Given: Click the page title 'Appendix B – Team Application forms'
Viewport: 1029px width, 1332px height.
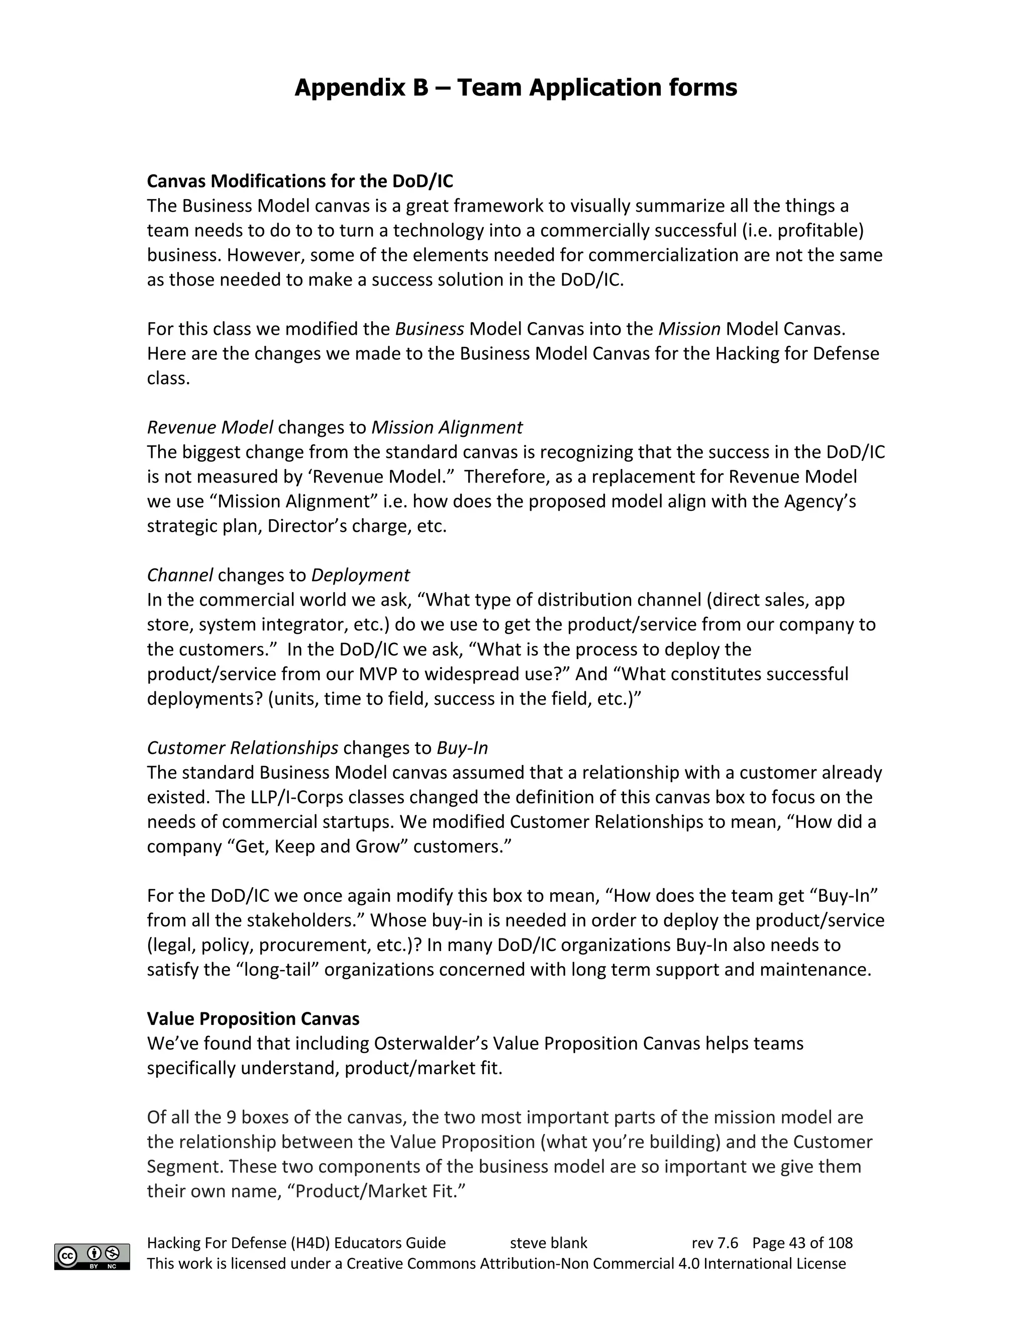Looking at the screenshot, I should point(515,88).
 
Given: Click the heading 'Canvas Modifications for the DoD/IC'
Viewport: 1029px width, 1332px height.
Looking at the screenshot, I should point(300,181).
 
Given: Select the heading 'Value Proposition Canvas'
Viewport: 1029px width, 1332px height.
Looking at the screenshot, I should point(253,1018).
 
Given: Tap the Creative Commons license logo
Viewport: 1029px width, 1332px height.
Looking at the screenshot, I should point(92,1257).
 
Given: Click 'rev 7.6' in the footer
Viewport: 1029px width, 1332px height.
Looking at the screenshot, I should point(714,1243).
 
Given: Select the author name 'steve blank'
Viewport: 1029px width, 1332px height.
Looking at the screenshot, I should point(548,1243).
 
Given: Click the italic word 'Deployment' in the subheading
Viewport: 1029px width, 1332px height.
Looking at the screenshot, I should point(360,575).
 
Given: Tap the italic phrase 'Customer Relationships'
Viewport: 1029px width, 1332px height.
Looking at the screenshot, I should point(243,748).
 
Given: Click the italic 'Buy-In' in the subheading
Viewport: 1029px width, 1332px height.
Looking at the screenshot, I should point(462,748).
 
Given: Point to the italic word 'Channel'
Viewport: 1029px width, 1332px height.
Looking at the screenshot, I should point(180,575).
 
